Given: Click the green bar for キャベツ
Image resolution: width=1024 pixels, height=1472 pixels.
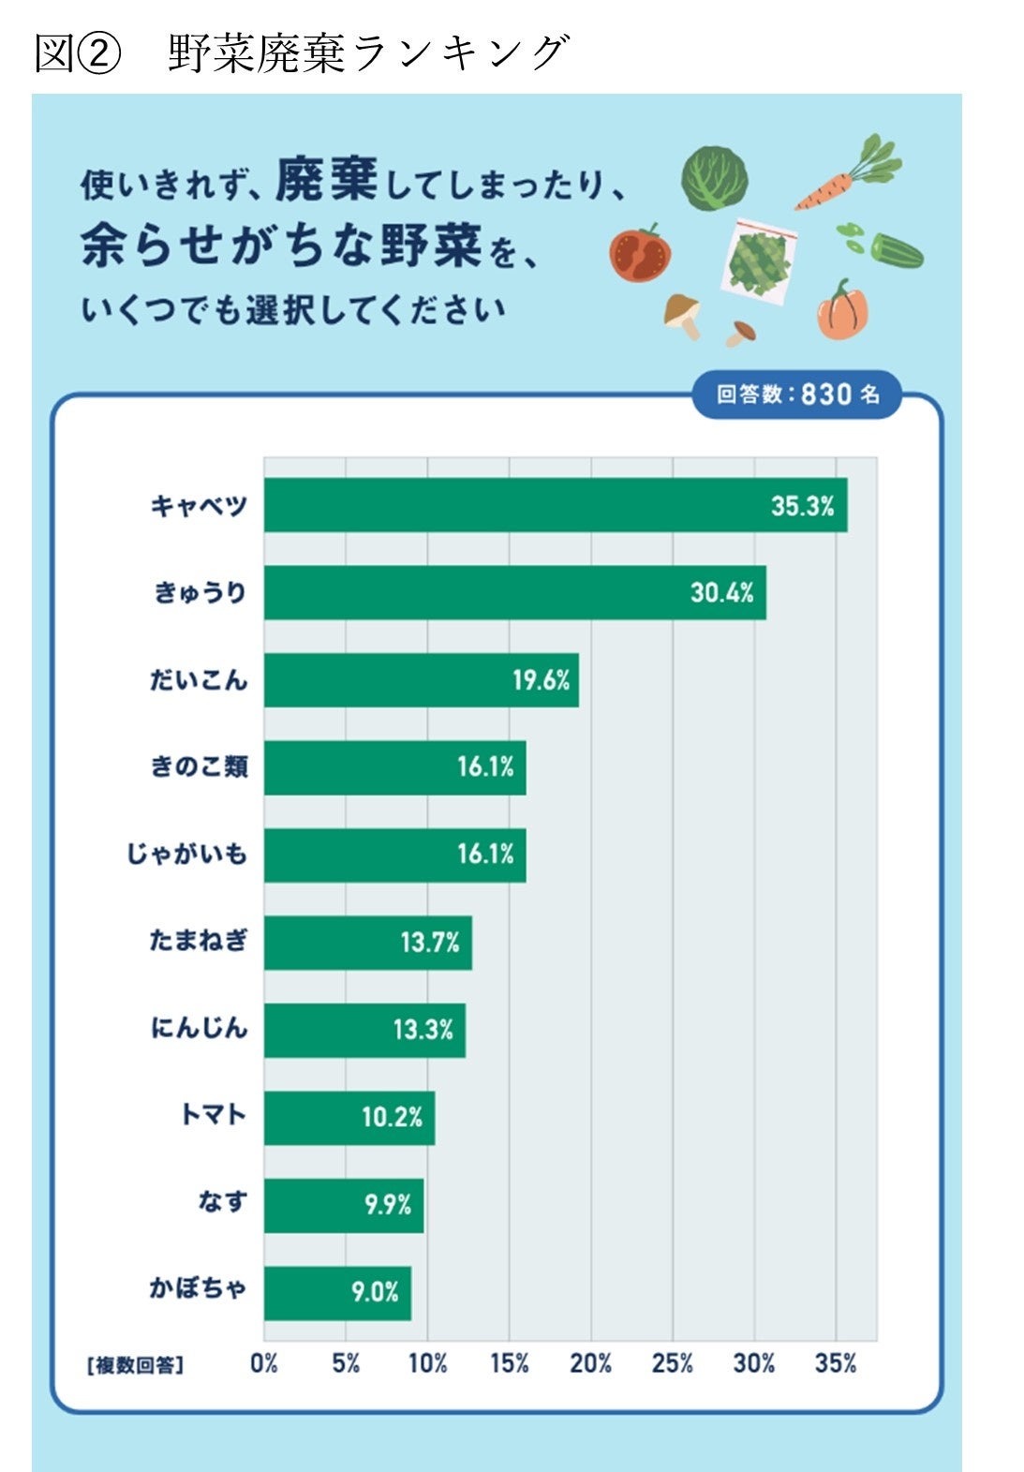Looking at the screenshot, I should pos(555,505).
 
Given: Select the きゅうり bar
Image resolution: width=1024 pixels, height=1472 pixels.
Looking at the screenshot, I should pos(514,592).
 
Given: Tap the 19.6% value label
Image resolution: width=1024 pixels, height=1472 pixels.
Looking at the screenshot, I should pos(541,680).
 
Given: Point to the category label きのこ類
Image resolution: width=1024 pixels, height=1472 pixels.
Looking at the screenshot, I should pos(199,767).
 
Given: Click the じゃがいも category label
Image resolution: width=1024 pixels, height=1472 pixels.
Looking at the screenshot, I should pos(187,855).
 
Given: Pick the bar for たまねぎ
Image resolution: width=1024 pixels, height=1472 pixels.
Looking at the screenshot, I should pos(367,943).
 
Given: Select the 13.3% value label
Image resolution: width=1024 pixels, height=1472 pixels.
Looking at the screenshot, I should pos(423,1030).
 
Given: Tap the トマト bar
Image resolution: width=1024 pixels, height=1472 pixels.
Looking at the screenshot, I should pos(349,1118).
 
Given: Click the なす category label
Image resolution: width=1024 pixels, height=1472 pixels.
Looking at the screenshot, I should pos(222,1202).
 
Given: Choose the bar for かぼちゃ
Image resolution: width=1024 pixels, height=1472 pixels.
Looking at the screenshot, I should pos(337,1293).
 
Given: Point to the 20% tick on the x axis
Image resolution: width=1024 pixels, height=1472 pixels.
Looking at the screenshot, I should pos(590,1363).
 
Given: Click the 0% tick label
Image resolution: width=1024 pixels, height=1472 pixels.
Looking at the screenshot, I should pos(264,1363).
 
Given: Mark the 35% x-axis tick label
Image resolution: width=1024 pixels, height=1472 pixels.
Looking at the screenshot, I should pos(836,1363).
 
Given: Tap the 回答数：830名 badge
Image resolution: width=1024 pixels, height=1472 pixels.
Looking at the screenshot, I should pos(797,394).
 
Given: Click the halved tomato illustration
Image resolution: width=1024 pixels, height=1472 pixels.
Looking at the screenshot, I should pos(641,254).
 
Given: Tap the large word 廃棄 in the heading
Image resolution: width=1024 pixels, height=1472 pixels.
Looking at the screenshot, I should pos(326,180).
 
